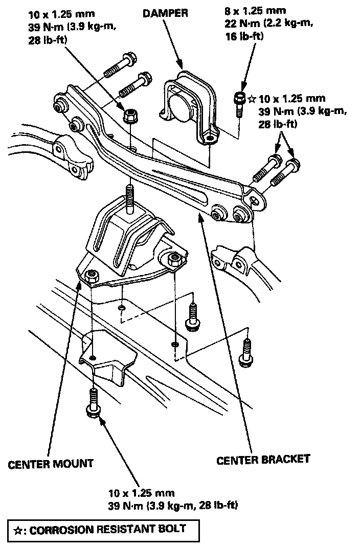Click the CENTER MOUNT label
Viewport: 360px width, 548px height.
click(51, 464)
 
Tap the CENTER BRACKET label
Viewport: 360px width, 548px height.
click(263, 459)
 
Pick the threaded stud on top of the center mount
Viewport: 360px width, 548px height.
click(130, 197)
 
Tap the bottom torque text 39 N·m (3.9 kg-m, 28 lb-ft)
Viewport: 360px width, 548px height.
click(173, 506)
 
